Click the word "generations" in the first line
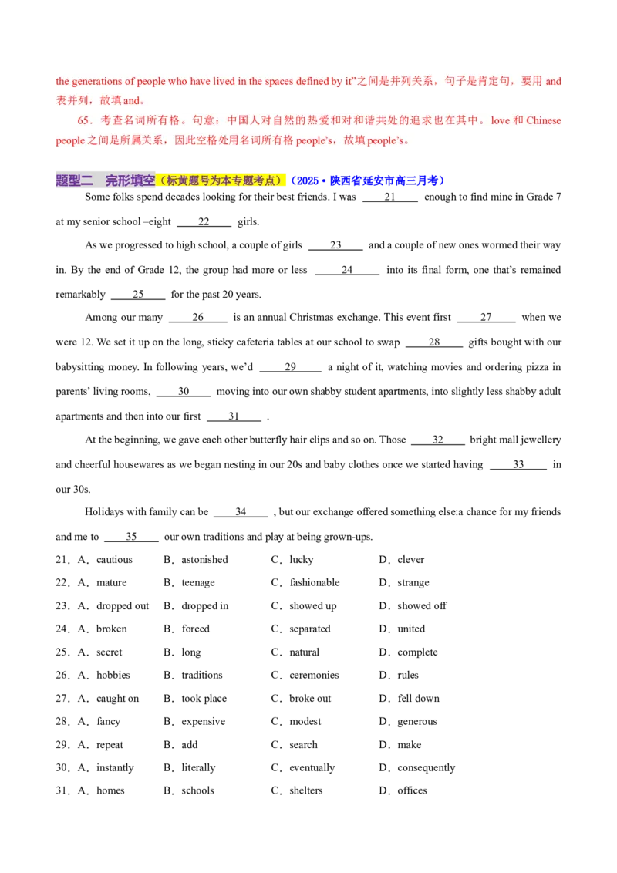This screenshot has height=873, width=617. [97, 82]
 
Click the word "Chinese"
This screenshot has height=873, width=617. [544, 121]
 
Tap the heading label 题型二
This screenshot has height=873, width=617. [74, 181]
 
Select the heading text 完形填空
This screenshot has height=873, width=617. [130, 181]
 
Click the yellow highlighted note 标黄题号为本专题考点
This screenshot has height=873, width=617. [222, 181]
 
